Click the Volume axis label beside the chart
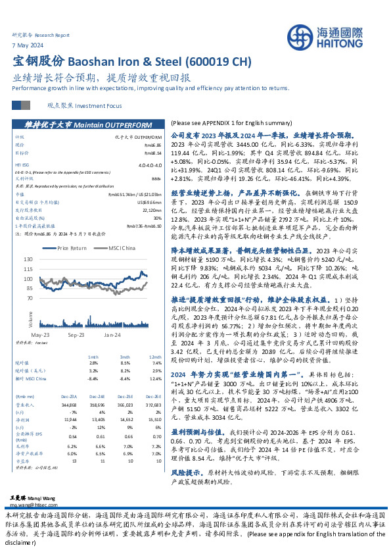pyautogui.click(x=30, y=318)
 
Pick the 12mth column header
pyautogui.click(x=156, y=356)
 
